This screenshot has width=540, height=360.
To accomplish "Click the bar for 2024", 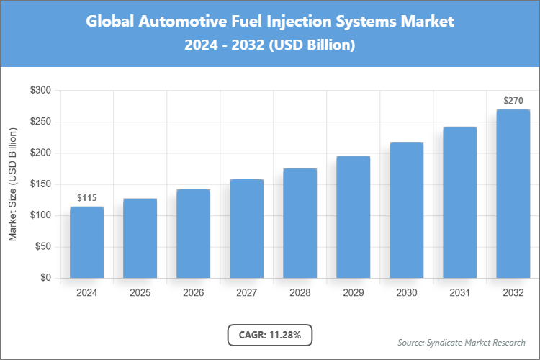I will (x=86, y=242).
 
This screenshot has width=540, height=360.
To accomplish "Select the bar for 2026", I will (x=193, y=233).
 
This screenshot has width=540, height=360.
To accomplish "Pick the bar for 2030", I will (x=406, y=210).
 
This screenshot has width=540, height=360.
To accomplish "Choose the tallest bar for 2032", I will (x=513, y=194).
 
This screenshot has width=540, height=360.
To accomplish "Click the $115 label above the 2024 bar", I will (x=86, y=198).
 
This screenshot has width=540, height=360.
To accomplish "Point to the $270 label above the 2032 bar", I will (x=513, y=101).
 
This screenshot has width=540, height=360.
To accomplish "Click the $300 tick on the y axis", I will (x=40, y=91).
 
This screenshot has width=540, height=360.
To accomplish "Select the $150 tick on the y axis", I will (x=40, y=184).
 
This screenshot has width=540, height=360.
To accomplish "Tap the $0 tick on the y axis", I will (x=45, y=278).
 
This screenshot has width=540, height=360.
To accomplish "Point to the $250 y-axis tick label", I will (x=40, y=122).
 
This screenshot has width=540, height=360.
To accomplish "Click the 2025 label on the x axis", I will (x=140, y=293).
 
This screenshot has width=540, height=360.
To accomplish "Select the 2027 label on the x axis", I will (x=246, y=293).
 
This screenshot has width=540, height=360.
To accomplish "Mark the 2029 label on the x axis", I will (x=353, y=293).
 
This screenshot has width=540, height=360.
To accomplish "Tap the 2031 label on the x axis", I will (x=459, y=293).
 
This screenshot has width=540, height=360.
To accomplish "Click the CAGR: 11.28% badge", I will (x=269, y=335).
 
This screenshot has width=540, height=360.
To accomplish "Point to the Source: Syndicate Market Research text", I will (x=462, y=342).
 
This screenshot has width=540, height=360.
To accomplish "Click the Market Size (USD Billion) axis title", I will (x=12, y=184).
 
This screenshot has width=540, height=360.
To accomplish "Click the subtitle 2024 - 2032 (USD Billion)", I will (x=270, y=45).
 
